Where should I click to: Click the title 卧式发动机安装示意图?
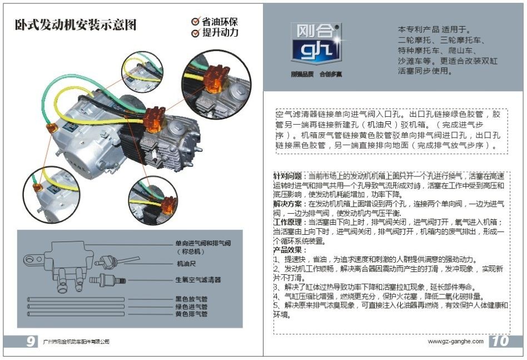click(x=76, y=26)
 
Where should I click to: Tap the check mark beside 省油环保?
click(x=195, y=22)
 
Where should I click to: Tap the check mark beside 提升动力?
click(x=195, y=33)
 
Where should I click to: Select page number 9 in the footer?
click(x=31, y=341)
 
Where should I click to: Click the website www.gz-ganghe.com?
click(x=455, y=341)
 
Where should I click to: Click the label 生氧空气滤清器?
click(x=198, y=279)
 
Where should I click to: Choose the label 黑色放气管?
click(x=191, y=299)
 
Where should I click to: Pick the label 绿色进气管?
click(x=191, y=307)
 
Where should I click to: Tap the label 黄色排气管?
click(x=191, y=314)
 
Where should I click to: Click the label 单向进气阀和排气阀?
click(x=203, y=244)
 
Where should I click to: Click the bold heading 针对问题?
click(x=289, y=176)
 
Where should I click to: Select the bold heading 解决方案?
click(x=289, y=204)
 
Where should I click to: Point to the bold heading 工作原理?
click(x=289, y=222)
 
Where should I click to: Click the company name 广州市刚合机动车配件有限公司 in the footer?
click(x=76, y=342)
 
